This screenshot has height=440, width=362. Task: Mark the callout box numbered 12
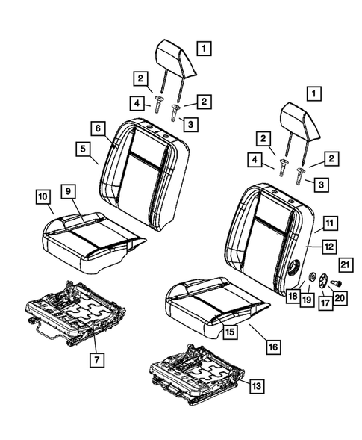[328, 244]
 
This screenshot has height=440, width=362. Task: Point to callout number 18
[291, 297]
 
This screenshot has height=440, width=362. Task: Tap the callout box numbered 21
[346, 262]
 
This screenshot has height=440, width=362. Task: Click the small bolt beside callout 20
[334, 283]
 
